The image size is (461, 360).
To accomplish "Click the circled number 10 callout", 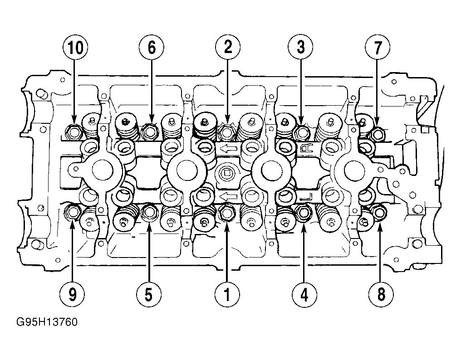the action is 76,47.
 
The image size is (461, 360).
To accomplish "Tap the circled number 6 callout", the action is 152,47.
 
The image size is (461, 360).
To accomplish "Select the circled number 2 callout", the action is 228,47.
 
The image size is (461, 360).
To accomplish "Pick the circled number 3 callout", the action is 300,47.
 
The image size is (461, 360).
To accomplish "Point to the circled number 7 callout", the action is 378,47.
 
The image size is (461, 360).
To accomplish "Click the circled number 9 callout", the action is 72,294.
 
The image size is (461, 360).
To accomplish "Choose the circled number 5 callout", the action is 149,294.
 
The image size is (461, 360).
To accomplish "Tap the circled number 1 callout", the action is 227,294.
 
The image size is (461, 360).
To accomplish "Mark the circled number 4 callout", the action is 304,294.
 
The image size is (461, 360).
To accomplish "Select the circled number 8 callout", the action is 381,294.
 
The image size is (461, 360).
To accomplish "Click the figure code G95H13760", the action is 47,322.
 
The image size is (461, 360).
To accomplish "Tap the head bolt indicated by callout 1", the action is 226,213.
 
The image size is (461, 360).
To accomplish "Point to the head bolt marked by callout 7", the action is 378,134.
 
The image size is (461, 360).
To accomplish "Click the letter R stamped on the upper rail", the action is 306,149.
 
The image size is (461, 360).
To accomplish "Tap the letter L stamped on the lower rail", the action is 306,196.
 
